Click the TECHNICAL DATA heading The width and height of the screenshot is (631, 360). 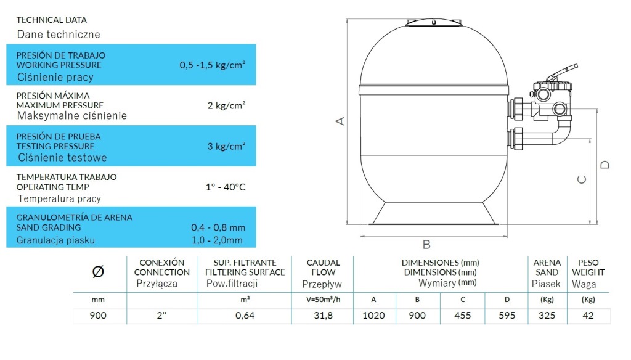click(x=52, y=20)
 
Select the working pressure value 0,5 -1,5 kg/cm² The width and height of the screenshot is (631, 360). click(x=213, y=65)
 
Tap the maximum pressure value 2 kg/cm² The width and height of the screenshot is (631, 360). click(x=226, y=105)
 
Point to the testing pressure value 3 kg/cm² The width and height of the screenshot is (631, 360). click(x=226, y=146)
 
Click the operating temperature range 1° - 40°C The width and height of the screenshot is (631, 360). click(x=226, y=187)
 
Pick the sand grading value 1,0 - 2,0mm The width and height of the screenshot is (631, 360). click(x=218, y=240)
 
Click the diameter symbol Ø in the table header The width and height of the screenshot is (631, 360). click(x=98, y=272)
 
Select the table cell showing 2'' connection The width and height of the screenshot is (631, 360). click(x=162, y=315)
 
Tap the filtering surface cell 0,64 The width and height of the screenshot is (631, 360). click(x=245, y=316)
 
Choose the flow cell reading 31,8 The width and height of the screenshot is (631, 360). click(x=323, y=316)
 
